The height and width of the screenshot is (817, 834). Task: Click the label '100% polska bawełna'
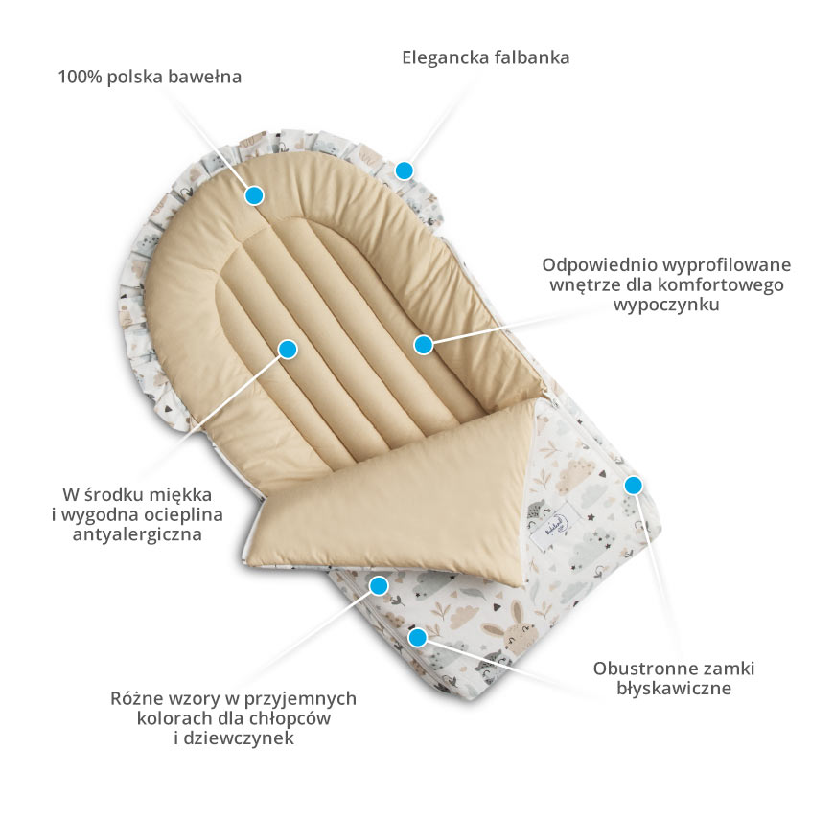click(x=150, y=77)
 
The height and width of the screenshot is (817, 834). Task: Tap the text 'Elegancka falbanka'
click(x=486, y=57)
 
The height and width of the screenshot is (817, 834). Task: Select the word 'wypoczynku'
click(x=666, y=305)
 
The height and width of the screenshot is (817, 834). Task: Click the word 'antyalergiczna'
click(x=137, y=533)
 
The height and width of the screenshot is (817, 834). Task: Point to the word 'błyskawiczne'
click(x=674, y=688)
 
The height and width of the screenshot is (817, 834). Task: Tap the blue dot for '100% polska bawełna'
click(x=255, y=195)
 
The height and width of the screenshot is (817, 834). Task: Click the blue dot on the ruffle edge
click(x=405, y=170)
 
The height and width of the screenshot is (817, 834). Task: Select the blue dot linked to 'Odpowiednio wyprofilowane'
click(x=424, y=345)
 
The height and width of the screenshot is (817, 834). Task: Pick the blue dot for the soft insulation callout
click(x=288, y=350)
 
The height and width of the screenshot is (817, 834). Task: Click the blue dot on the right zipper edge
click(x=633, y=485)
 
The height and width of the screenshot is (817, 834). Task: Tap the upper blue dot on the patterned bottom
click(x=379, y=586)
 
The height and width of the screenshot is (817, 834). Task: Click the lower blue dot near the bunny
click(x=418, y=637)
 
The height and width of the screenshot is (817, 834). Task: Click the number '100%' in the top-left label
click(x=80, y=77)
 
